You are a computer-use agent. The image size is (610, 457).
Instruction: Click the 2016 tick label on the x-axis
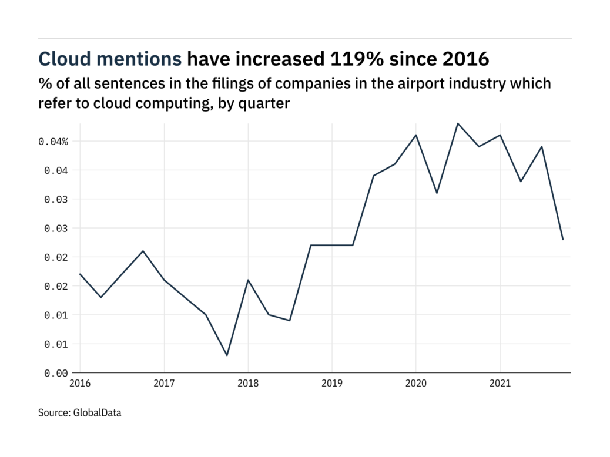(80, 384)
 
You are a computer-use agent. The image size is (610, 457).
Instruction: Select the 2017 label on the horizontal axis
(164, 384)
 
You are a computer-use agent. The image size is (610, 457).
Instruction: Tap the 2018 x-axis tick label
(248, 384)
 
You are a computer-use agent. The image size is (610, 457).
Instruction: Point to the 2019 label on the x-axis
(332, 384)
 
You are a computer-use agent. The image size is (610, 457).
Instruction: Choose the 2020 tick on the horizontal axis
(416, 384)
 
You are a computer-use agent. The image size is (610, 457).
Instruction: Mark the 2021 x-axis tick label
(500, 384)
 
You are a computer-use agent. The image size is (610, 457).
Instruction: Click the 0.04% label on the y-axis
(53, 142)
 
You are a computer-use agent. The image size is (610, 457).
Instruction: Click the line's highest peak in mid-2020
(458, 123)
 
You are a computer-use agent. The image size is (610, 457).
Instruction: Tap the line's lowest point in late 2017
(227, 355)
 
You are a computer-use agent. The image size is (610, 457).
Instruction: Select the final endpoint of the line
(563, 240)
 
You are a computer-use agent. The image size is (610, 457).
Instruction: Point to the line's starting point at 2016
(80, 274)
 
